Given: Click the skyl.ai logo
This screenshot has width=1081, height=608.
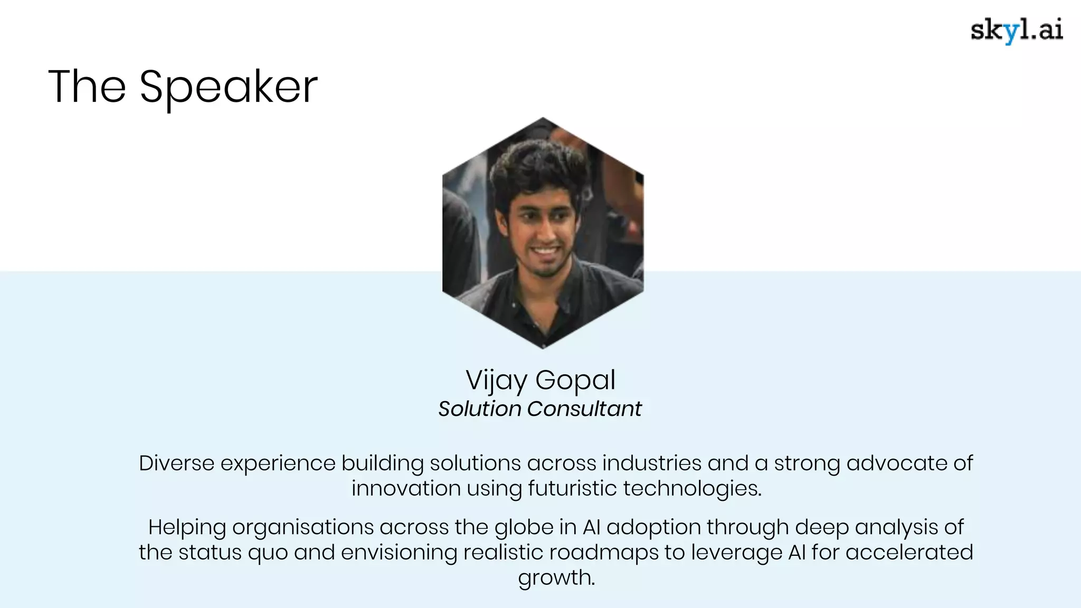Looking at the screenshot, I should click(x=1017, y=31).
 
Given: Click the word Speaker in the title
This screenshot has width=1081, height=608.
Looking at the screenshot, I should click(x=228, y=87).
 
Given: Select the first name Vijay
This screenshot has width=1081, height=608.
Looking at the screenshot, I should click(x=496, y=380).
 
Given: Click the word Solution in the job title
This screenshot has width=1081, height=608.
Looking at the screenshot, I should click(x=479, y=409).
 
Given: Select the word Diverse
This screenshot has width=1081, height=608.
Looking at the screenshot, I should click(x=176, y=463).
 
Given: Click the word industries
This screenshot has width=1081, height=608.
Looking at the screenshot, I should click(x=652, y=463).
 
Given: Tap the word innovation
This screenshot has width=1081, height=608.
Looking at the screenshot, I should click(x=406, y=488).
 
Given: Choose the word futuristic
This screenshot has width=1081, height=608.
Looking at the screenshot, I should click(x=572, y=488).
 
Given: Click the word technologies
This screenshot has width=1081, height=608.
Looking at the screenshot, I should click(x=692, y=488).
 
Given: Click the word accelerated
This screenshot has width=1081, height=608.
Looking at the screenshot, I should click(x=909, y=553).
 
